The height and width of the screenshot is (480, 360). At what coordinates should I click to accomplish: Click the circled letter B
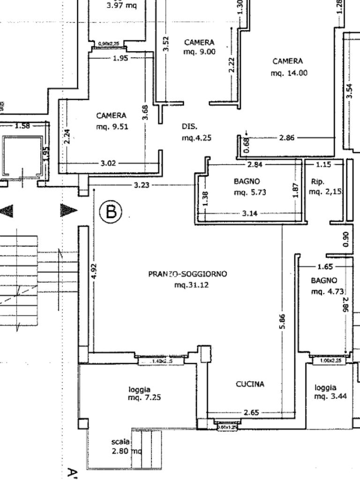pyautogui.click(x=111, y=212)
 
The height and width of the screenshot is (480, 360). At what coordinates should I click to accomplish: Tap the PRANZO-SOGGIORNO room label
pyautogui.click(x=187, y=274)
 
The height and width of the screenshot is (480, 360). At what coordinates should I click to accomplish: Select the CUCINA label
pyautogui.click(x=250, y=384)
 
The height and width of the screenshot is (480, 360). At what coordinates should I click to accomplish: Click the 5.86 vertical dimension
pyautogui.click(x=282, y=322)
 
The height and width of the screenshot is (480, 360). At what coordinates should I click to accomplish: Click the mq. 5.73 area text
pyautogui.click(x=250, y=192)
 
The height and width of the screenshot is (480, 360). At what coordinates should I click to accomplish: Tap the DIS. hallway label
pyautogui.click(x=189, y=127)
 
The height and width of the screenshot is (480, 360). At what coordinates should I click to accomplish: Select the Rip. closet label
pyautogui.click(x=317, y=181)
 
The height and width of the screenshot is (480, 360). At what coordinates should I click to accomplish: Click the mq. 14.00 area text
pyautogui.click(x=289, y=73)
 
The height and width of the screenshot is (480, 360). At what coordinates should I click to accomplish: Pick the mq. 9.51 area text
pyautogui.click(x=112, y=127)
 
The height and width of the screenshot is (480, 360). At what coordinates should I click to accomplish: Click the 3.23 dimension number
pyautogui.click(x=142, y=185)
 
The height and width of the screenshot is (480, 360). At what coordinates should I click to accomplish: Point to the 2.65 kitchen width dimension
pyautogui.click(x=251, y=412)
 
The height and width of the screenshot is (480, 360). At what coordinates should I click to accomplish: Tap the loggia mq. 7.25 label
pyautogui.click(x=140, y=393)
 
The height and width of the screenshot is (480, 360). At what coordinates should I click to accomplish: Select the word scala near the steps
pyautogui.click(x=120, y=442)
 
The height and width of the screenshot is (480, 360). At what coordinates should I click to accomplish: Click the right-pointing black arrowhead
pyautogui.click(x=68, y=210)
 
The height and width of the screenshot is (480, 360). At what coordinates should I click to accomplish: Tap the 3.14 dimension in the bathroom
pyautogui.click(x=249, y=213)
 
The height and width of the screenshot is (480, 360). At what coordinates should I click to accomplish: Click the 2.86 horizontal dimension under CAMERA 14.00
pyautogui.click(x=286, y=138)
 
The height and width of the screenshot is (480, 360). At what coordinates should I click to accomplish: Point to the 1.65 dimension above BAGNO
pyautogui.click(x=325, y=267)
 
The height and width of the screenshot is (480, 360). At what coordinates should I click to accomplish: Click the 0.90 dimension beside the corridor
pyautogui.click(x=346, y=240)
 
